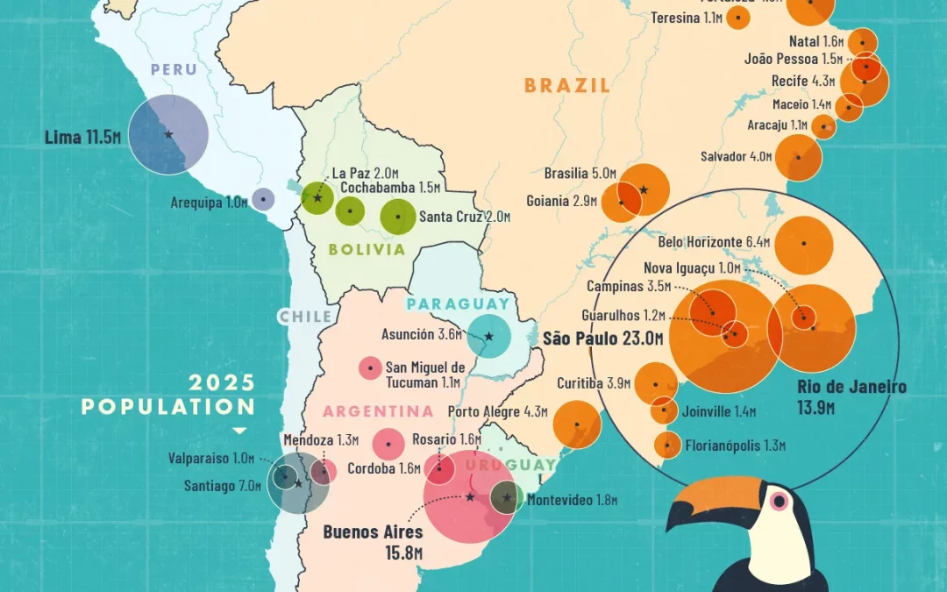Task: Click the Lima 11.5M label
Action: pyautogui.click(x=82, y=138)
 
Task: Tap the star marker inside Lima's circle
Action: pyautogui.click(x=168, y=134)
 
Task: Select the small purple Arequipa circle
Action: pyautogui.click(x=262, y=200)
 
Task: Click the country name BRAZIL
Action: pyautogui.click(x=566, y=85)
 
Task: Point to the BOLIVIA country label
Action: pyautogui.click(x=367, y=249)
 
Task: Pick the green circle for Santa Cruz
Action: pyautogui.click(x=398, y=216)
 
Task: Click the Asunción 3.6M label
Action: pyautogui.click(x=420, y=334)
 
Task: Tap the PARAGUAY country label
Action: pyautogui.click(x=458, y=304)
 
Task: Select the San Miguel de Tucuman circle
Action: pyautogui.click(x=371, y=368)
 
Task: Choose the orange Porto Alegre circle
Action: pyautogui.click(x=577, y=424)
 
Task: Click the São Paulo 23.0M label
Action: pyautogui.click(x=598, y=339)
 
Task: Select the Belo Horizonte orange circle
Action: pyautogui.click(x=803, y=246)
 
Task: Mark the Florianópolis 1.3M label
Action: pyautogui.click(x=736, y=446)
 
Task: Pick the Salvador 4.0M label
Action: pyautogui.click(x=736, y=157)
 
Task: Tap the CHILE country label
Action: pyautogui.click(x=305, y=317)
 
